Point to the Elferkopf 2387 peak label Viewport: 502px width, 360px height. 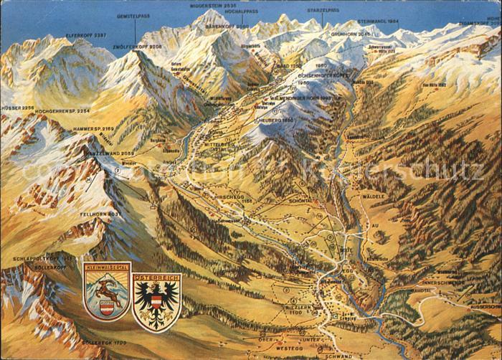86,35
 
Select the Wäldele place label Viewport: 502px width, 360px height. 373,196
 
